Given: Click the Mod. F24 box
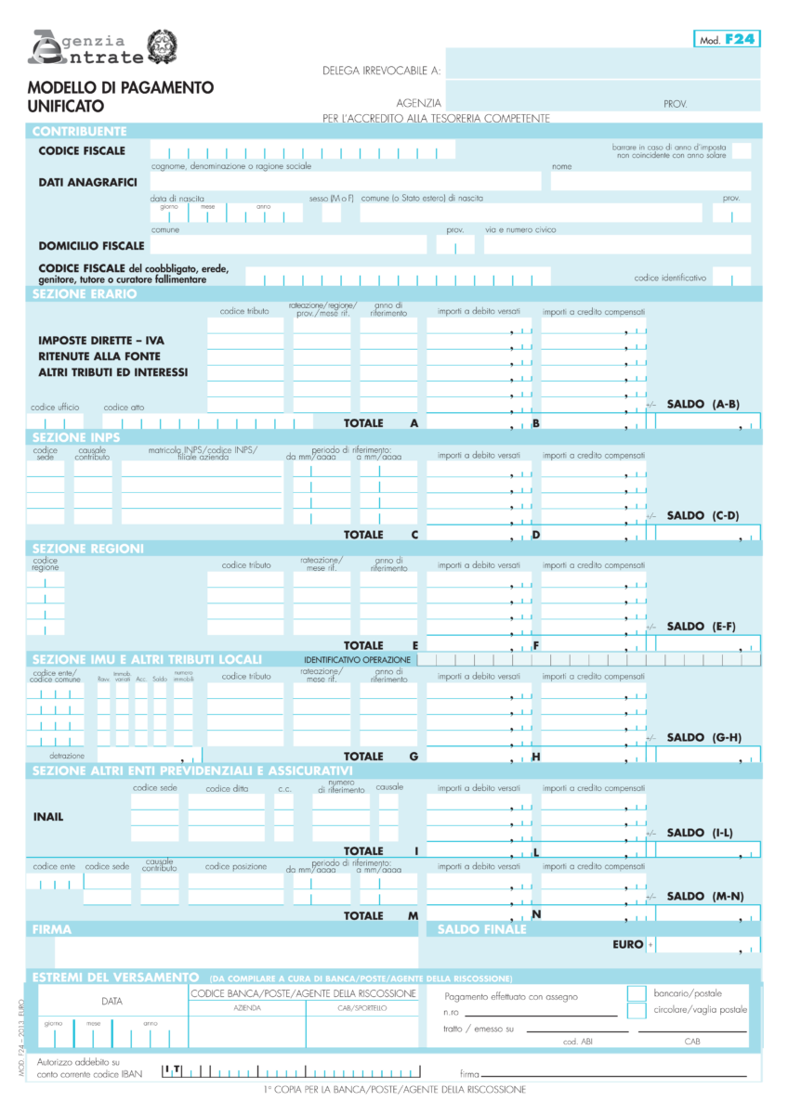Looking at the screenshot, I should (x=727, y=39).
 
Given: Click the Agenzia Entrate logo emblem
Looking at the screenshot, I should (x=165, y=47).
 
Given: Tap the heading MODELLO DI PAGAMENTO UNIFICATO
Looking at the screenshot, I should (x=121, y=97).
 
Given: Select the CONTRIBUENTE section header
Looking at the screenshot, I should (x=80, y=131).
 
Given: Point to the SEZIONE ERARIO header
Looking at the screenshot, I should (x=85, y=294).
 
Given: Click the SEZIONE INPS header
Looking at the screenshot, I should (x=76, y=437).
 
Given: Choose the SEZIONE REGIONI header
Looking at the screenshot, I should (x=88, y=549).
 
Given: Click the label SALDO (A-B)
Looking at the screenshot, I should (x=703, y=405).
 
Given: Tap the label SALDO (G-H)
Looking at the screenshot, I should (x=703, y=738).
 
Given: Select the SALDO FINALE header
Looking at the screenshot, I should (x=481, y=929).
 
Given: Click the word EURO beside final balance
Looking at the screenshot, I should (x=628, y=945).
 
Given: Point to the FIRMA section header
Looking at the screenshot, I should (x=52, y=929).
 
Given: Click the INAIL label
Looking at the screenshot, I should (x=48, y=817).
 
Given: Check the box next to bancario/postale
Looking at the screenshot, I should (x=637, y=993).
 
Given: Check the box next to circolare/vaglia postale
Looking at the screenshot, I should (x=637, y=1010).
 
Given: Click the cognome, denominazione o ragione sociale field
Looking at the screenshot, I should (x=345, y=181).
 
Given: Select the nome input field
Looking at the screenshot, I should (x=650, y=181).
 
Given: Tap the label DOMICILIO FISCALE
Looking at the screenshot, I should (x=91, y=246).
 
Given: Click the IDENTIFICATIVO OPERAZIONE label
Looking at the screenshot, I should (x=357, y=660).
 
